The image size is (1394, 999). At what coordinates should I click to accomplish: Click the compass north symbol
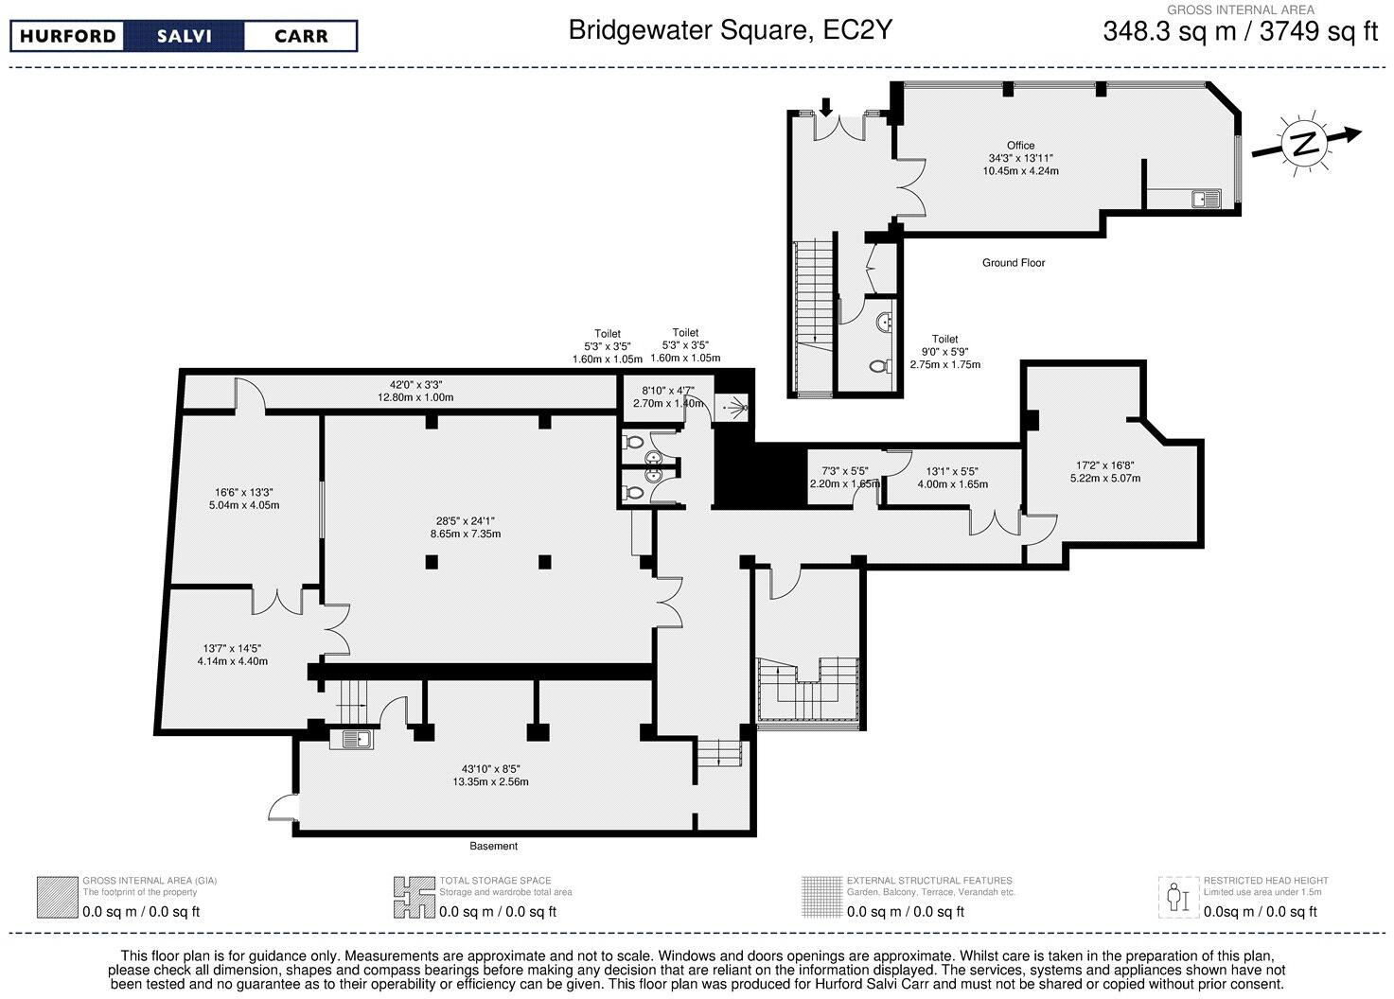1305,144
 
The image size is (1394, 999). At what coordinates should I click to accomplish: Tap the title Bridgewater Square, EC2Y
730,30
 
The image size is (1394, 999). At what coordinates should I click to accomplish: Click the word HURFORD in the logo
68,37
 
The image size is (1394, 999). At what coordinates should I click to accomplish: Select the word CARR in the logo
300,37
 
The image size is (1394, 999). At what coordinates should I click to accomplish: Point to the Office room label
1020,146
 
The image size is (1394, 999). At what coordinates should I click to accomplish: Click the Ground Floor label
1013,263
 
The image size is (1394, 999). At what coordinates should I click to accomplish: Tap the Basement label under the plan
493,846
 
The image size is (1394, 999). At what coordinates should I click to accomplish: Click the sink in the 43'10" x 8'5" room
351,740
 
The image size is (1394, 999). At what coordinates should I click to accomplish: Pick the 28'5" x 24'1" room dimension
466,527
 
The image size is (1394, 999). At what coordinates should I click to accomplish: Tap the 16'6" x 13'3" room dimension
244,499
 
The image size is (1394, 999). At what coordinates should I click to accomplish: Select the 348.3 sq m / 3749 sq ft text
1240,31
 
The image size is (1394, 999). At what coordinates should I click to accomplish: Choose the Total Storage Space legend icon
414,897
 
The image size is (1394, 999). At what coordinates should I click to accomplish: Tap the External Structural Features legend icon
821,897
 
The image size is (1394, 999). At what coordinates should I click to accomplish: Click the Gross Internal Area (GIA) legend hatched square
57,897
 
